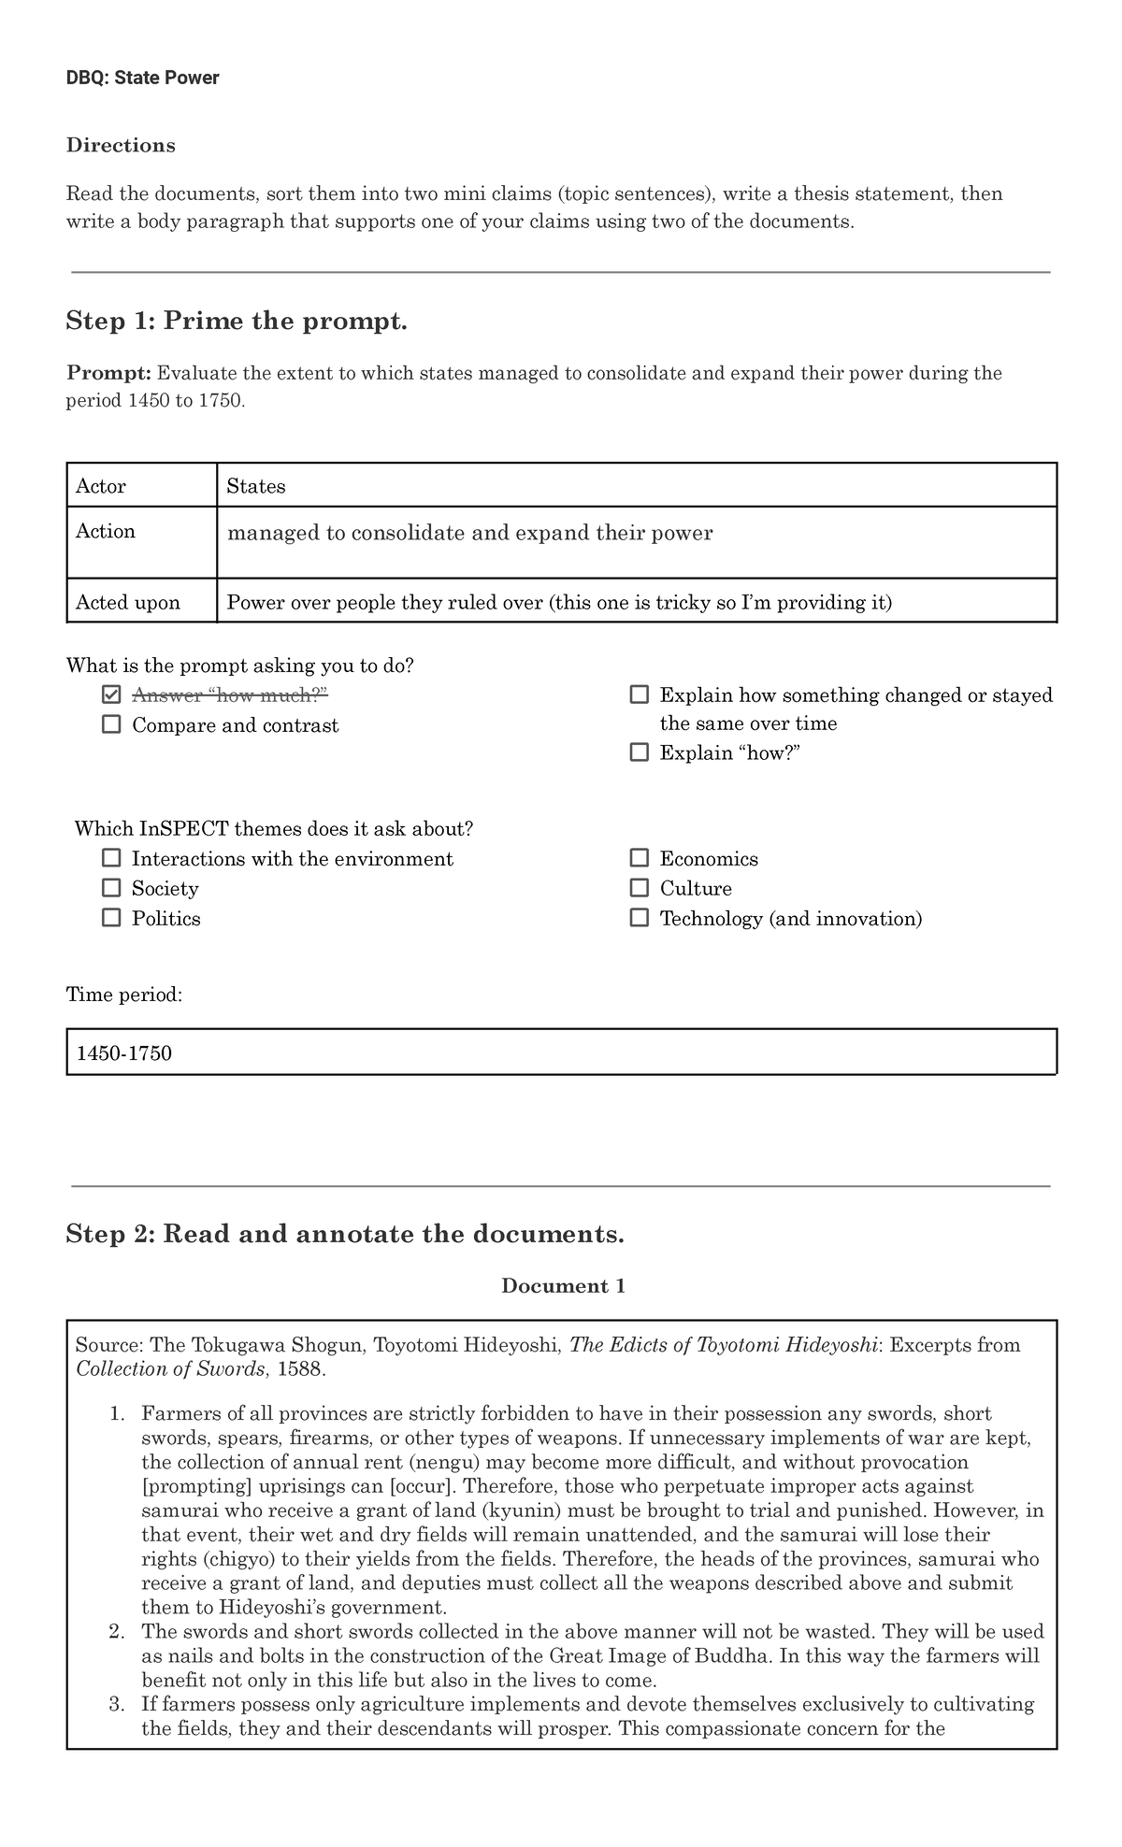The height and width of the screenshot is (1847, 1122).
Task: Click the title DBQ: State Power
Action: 142,78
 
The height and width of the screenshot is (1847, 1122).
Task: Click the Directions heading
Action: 121,145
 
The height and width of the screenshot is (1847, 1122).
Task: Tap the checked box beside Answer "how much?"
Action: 111,694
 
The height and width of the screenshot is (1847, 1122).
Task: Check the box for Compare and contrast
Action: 111,724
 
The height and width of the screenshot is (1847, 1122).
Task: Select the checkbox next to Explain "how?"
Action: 640,752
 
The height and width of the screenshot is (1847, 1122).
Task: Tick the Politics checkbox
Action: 111,918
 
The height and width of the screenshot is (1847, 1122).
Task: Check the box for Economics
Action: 640,858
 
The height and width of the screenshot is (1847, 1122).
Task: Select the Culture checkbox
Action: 640,888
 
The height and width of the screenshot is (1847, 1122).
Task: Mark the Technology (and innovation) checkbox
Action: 640,918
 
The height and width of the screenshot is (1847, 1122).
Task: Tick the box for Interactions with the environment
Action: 111,858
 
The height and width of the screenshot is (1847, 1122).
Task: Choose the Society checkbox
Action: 111,888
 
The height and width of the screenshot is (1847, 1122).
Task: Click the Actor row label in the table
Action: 101,486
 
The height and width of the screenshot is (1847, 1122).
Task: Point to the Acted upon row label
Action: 128,602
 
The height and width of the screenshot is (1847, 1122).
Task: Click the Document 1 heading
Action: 563,1285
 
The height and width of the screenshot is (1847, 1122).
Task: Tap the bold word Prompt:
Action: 108,373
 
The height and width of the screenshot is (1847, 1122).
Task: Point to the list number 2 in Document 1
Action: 116,1631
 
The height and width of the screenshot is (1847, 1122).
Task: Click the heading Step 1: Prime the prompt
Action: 237,322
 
